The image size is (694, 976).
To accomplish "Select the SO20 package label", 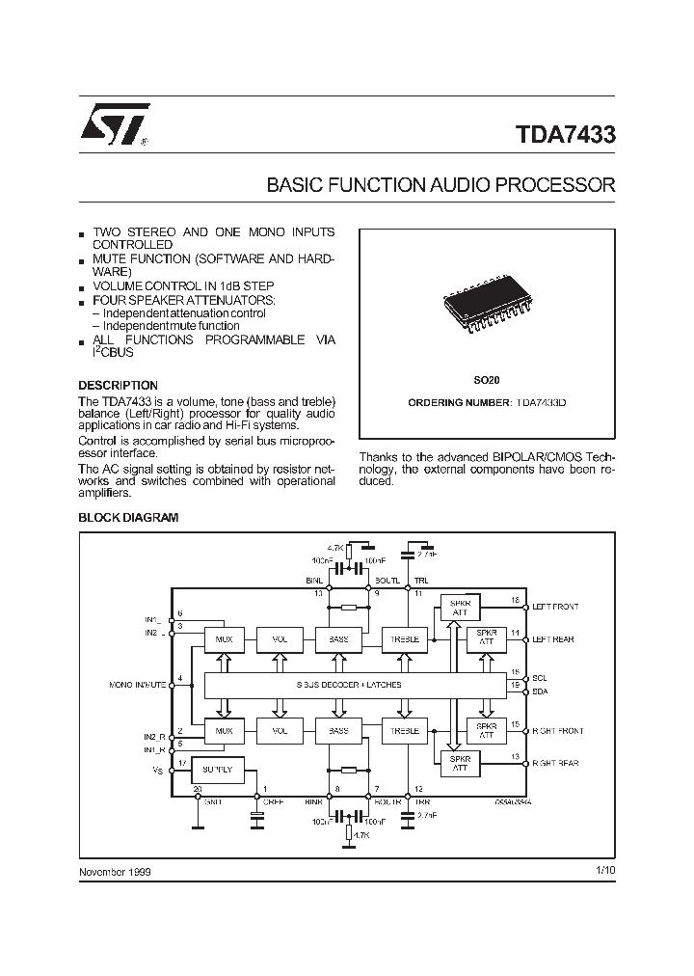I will pyautogui.click(x=486, y=382).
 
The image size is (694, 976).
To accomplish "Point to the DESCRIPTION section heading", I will pyautogui.click(x=118, y=386).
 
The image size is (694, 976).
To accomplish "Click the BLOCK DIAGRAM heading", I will pyautogui.click(x=128, y=518).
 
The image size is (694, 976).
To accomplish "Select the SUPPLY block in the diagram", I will pyautogui.click(x=218, y=770).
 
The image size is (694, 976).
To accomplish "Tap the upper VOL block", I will pyautogui.click(x=280, y=639).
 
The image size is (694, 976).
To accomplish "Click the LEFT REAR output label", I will pyautogui.click(x=553, y=639).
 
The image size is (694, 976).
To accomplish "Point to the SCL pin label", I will pyautogui.click(x=540, y=679).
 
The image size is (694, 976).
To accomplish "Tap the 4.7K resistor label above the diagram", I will pyautogui.click(x=332, y=547).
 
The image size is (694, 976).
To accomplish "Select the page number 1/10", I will pyautogui.click(x=605, y=871).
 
